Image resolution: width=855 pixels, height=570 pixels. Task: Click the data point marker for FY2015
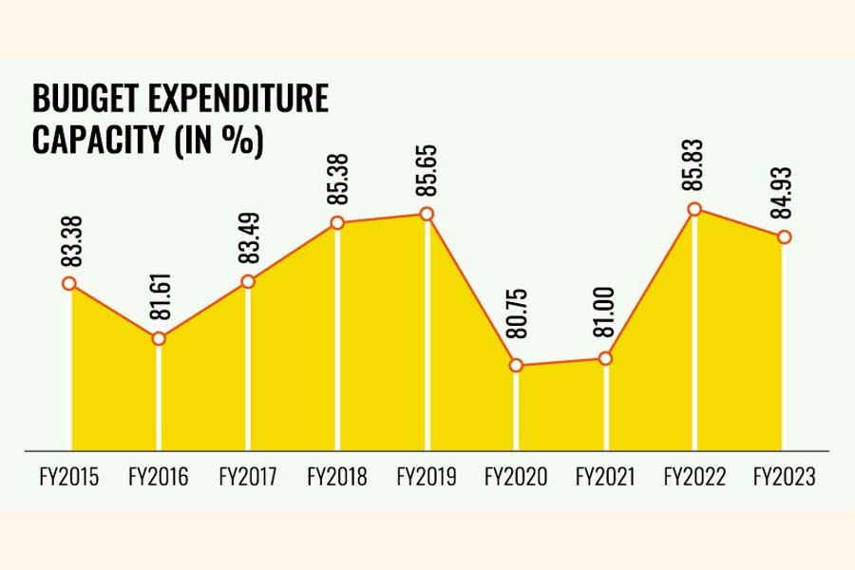[x=69, y=283]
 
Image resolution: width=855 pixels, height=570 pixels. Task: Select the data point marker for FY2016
[x=159, y=338]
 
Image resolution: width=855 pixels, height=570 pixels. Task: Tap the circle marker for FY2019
[x=427, y=214]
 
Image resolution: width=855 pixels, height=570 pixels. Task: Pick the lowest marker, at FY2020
[x=516, y=365]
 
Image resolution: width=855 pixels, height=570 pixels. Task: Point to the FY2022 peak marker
[x=694, y=209]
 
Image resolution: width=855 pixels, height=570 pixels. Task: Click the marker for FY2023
[x=784, y=237]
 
